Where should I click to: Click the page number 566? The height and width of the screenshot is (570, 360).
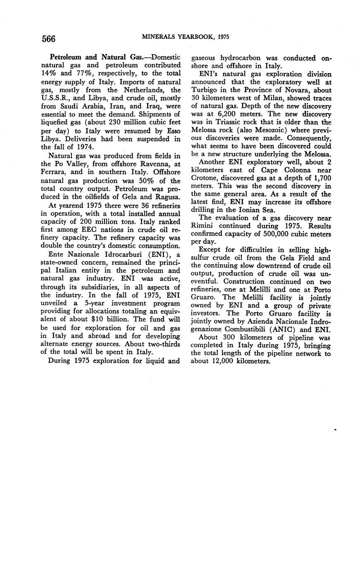[x=48, y=39]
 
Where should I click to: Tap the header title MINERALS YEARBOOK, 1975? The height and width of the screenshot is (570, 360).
[x=186, y=37]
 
